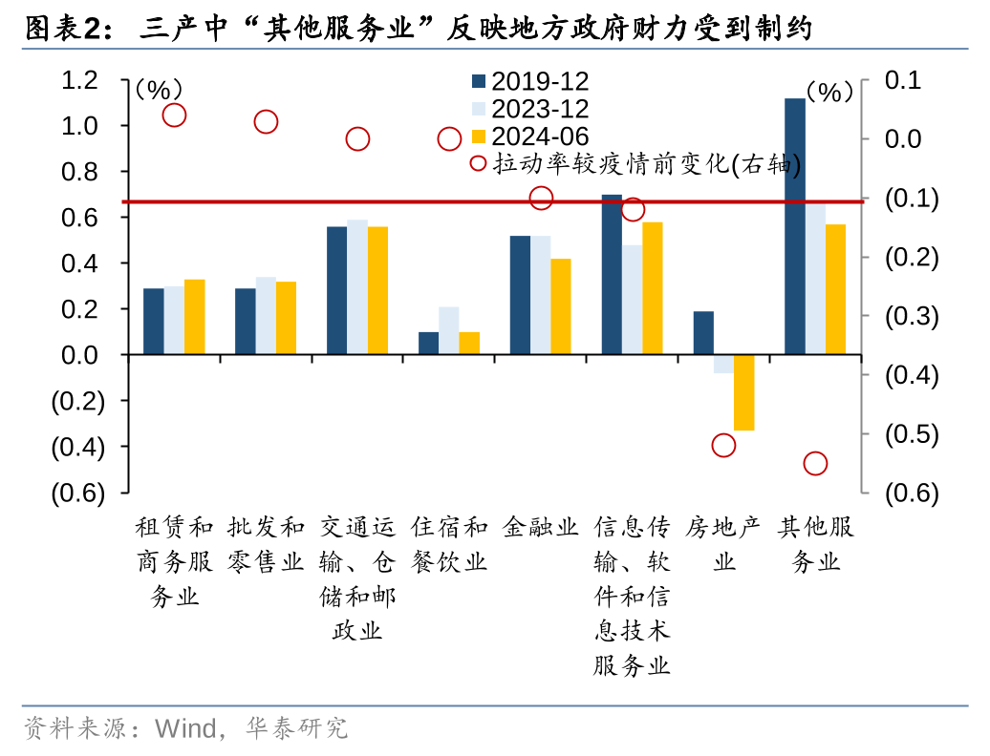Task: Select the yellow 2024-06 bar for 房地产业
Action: (743, 392)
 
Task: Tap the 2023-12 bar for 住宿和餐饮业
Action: (448, 330)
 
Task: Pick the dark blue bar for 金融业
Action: (520, 295)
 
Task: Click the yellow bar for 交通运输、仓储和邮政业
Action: (377, 290)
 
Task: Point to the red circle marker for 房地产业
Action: (723, 446)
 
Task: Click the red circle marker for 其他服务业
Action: (815, 464)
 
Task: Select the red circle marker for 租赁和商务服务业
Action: (174, 115)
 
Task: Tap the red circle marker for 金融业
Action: (541, 199)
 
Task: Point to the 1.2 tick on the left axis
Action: (80, 80)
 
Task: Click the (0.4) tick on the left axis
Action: (77, 447)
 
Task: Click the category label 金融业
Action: (541, 526)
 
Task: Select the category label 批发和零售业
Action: (266, 543)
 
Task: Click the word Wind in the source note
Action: (185, 729)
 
